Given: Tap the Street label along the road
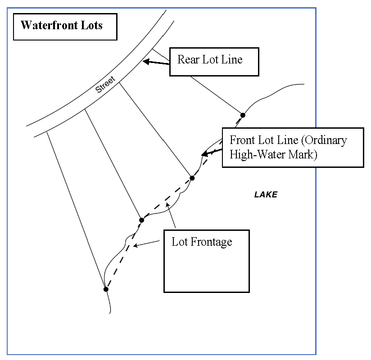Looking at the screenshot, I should [x=105, y=85].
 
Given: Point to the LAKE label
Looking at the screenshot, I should [x=266, y=195].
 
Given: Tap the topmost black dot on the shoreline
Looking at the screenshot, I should [x=243, y=115].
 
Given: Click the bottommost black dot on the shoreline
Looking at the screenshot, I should [x=106, y=289].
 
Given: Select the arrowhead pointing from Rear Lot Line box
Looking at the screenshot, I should [x=145, y=62].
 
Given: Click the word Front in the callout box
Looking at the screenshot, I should [x=241, y=140].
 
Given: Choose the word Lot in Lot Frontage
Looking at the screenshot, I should [x=179, y=242].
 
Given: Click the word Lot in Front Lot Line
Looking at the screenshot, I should [x=263, y=140].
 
